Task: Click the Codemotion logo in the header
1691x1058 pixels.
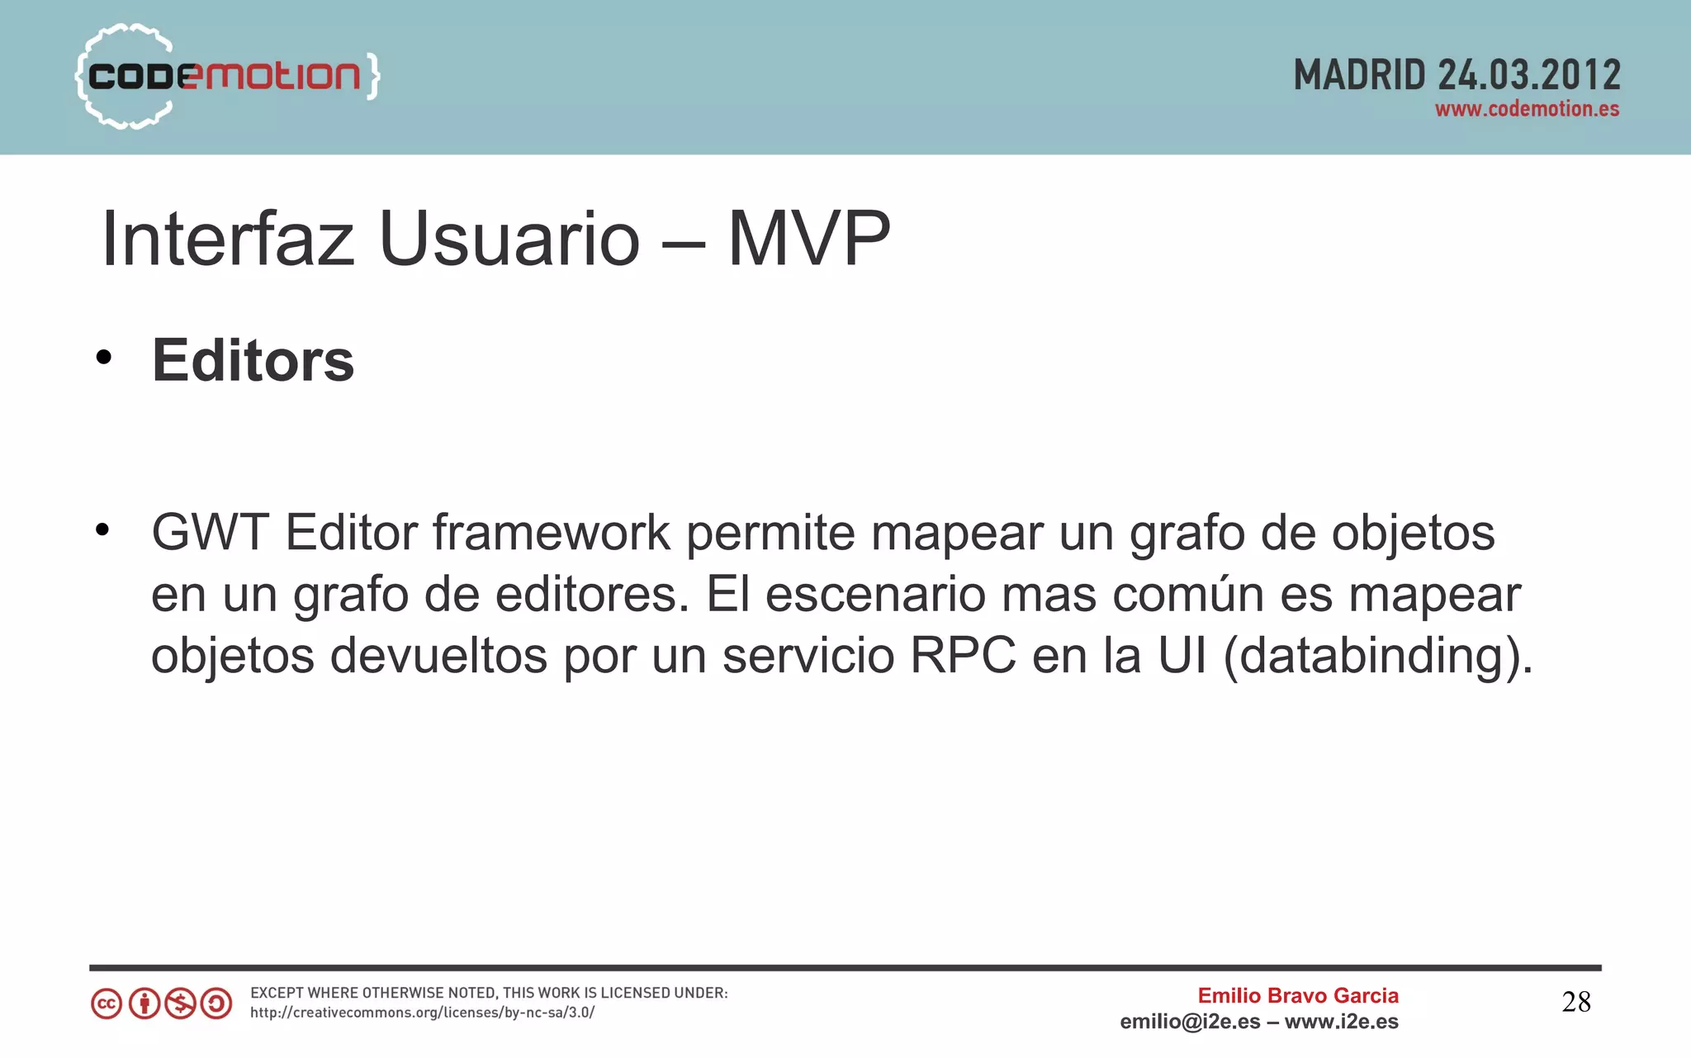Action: tap(227, 76)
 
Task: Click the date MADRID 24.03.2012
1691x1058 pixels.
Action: tap(1457, 75)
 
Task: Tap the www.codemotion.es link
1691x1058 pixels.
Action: tap(1527, 109)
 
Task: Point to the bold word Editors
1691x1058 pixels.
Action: tap(253, 361)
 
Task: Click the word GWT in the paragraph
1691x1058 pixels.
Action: tap(210, 533)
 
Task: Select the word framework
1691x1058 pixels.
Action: tap(551, 533)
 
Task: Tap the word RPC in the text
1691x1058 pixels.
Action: tap(962, 656)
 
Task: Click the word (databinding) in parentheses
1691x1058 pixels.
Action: tap(1377, 657)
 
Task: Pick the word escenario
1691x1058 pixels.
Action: tap(875, 595)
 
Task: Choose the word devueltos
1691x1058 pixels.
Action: tap(438, 656)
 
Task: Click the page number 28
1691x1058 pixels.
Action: tap(1575, 1003)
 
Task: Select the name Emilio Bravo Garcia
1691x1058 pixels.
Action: tap(1298, 996)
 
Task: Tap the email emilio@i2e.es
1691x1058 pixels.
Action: tap(1190, 1022)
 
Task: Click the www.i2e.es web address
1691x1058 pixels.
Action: tap(1342, 1022)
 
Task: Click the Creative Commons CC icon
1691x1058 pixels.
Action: tap(107, 1004)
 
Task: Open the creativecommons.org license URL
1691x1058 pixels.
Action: tap(422, 1013)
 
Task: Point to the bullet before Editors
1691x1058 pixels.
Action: tap(102, 358)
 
